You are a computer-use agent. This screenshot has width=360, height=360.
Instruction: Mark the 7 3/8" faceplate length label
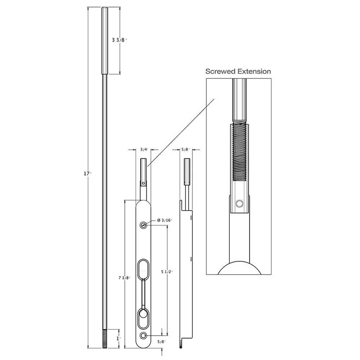pos(124,278)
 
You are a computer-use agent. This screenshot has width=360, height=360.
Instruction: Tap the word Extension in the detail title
pos(254,71)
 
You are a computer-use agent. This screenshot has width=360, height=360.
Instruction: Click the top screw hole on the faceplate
pos(144,225)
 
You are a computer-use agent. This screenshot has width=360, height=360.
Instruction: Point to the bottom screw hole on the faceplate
pos(144,336)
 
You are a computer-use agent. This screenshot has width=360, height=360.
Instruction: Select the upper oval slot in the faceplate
pos(144,269)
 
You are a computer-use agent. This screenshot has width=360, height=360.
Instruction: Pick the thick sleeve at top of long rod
pos(104,40)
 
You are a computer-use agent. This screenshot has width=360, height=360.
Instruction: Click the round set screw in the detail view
pos(239,204)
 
